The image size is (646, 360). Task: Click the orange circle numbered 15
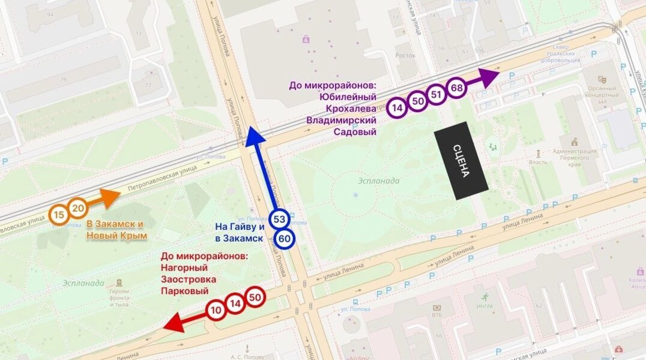[59, 215]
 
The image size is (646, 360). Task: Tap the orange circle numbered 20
[77, 208]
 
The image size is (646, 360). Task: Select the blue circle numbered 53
[279, 219]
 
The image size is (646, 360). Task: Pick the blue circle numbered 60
[285, 238]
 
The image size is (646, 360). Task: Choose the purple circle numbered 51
[436, 95]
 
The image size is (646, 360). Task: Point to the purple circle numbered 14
[397, 108]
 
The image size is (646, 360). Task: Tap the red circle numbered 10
[216, 310]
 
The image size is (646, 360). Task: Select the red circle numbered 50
[255, 297]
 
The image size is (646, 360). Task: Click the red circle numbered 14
[235, 304]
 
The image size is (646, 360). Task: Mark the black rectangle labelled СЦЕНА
[461, 160]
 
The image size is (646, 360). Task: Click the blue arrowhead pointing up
[255, 137]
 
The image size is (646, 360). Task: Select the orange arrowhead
[110, 197]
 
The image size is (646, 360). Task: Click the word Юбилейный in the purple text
[351, 97]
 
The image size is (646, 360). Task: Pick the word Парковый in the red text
[185, 291]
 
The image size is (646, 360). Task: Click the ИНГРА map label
[484, 307]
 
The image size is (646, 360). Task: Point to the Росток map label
[405, 55]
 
